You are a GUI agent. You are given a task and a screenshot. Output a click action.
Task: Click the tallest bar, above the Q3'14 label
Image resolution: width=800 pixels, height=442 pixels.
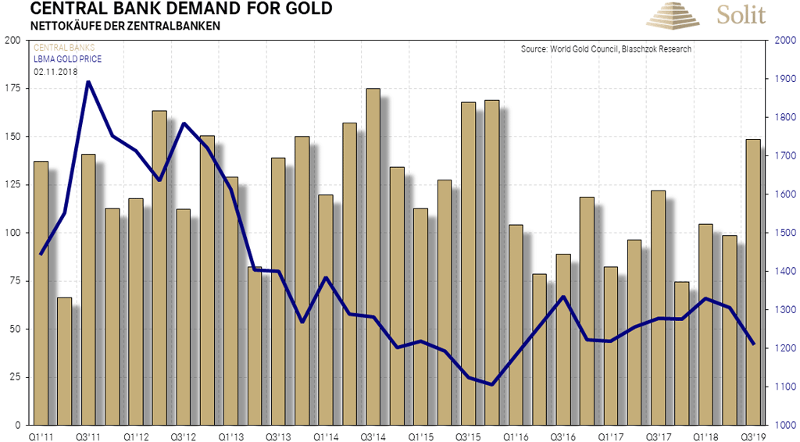(373, 258)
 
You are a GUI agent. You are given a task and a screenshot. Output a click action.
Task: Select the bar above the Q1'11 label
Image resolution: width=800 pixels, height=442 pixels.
(41, 293)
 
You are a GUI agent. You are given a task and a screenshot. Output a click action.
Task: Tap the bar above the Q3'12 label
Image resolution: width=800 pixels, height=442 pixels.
(183, 316)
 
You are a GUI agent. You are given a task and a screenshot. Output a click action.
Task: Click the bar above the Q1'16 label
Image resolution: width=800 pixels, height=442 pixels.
(515, 324)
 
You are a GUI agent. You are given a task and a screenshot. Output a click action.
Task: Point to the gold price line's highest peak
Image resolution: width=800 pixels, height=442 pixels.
(88, 81)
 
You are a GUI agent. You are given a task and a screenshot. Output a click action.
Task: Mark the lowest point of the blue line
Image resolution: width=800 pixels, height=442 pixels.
(492, 384)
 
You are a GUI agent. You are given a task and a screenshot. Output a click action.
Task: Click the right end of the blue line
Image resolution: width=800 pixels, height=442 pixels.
(753, 344)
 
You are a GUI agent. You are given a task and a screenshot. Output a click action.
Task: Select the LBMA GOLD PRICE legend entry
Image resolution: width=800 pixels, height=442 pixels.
(67, 59)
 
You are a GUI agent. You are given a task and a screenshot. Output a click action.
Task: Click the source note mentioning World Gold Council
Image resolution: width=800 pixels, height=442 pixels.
(605, 50)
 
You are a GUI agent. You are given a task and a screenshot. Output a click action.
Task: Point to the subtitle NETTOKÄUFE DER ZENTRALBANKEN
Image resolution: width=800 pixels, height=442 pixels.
(125, 26)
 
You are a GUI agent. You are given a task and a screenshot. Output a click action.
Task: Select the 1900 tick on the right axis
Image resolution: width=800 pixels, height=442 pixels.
(783, 79)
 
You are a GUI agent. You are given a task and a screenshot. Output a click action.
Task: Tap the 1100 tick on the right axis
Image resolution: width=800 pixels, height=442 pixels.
(783, 387)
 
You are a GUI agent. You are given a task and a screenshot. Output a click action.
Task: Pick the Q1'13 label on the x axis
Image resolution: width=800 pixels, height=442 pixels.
(230, 437)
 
